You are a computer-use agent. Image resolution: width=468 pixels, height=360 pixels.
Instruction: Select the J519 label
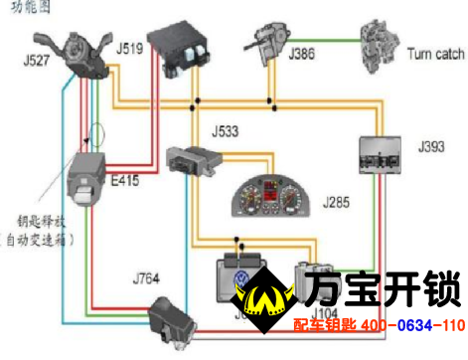[130, 48]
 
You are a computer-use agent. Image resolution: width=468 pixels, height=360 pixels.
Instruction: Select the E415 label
[125, 182]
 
